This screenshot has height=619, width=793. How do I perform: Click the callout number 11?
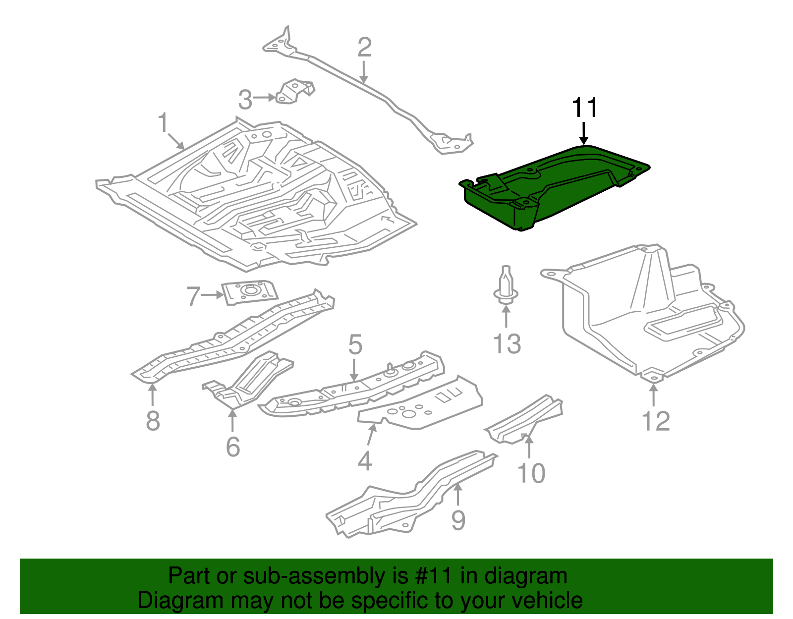[585, 108]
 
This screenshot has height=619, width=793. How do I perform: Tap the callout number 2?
[364, 48]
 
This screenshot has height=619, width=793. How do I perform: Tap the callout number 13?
[507, 344]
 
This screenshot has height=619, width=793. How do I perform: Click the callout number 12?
[655, 421]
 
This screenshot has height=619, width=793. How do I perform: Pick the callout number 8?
[153, 421]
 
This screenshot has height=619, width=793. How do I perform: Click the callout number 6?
[233, 447]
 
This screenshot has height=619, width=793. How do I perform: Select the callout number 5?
[355, 345]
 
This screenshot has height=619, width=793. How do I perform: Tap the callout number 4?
[365, 461]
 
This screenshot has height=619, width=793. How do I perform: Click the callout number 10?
[531, 473]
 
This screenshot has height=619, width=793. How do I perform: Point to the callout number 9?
[458, 520]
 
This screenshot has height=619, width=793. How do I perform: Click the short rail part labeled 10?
[525, 419]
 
